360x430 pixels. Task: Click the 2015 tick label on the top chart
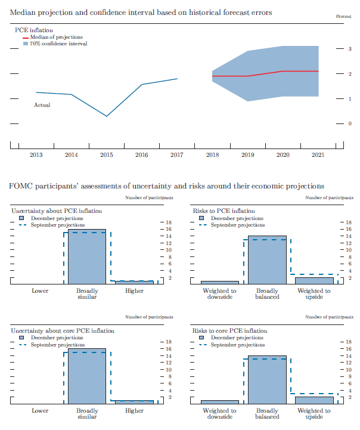(106, 155)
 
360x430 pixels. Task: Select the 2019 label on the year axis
(247, 155)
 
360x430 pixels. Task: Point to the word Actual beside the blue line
(42, 105)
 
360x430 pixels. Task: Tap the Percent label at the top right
(343, 16)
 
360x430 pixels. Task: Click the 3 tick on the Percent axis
(350, 49)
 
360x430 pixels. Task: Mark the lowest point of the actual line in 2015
(107, 116)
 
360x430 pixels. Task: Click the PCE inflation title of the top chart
(33, 29)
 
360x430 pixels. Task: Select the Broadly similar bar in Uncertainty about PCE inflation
(87, 256)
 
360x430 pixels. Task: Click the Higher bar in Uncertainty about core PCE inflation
(134, 401)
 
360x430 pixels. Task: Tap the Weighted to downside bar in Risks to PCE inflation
(219, 282)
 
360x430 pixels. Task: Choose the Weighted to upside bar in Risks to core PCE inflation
(314, 400)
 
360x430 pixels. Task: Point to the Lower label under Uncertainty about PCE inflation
(40, 291)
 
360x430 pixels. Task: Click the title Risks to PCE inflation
(224, 211)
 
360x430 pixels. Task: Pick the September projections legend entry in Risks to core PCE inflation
(238, 345)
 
